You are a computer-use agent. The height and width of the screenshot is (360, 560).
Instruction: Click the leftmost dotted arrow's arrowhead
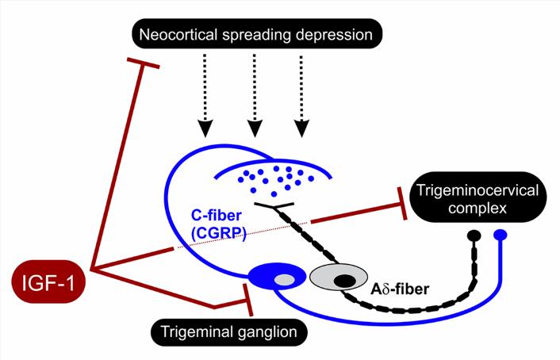coord(205,128)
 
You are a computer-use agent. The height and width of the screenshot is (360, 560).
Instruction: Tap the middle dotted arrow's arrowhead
coord(253,128)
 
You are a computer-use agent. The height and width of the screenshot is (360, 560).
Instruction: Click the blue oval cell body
coord(278,277)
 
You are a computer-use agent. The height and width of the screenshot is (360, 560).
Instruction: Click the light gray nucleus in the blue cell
coord(285,278)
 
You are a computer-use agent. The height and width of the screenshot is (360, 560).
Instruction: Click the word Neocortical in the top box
coord(175,34)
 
